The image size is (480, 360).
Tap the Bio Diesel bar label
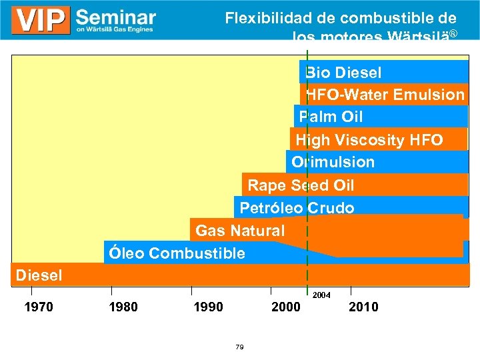[343, 72]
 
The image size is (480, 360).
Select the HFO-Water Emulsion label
[385, 95]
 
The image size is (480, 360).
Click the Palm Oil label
[331, 117]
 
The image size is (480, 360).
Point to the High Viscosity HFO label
[369, 140]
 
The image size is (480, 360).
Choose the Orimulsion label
[333, 162]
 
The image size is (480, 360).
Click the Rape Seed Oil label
[301, 185]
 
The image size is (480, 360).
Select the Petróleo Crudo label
[297, 208]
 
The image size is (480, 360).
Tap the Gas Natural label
[239, 231]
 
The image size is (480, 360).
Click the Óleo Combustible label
[177, 253]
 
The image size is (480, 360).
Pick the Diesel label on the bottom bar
[39, 275]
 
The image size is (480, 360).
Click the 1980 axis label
[123, 307]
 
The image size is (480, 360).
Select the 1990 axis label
[208, 307]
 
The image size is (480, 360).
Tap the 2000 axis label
[287, 307]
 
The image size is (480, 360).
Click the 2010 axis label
[363, 307]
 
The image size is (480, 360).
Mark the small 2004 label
[321, 294]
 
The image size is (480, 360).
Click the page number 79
[239, 347]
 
